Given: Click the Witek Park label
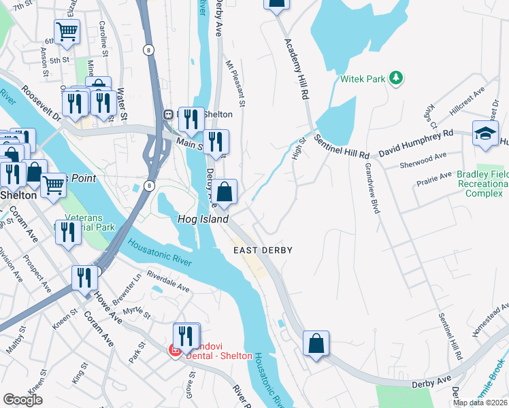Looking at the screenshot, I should coord(363,80).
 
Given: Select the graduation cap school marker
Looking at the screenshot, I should coord(485,134).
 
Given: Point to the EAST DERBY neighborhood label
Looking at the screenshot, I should coord(263,250).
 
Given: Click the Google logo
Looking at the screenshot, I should coord(22,399).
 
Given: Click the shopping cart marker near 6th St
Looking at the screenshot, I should coord(67,31).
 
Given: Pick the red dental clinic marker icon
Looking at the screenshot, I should coord(175,350).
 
